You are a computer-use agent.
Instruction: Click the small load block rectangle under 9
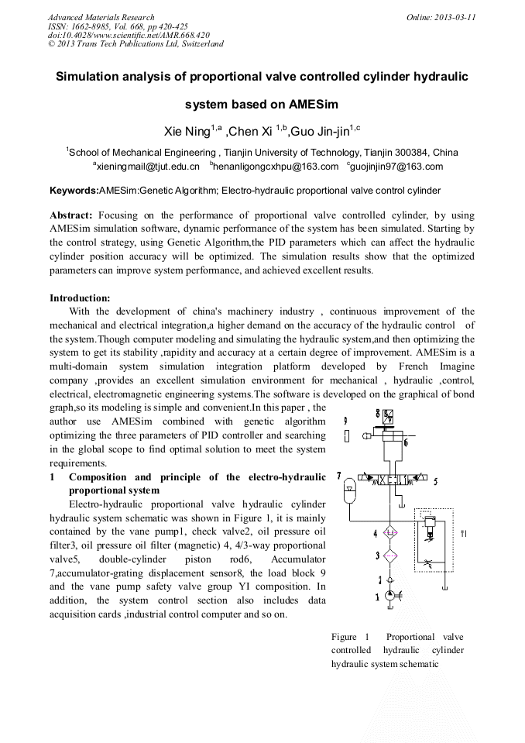(x=346, y=436)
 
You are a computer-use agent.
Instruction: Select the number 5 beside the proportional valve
(x=435, y=481)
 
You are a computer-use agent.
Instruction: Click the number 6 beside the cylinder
(x=405, y=443)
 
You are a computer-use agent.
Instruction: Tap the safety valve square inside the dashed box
(x=429, y=526)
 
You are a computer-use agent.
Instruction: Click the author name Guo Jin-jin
(x=321, y=131)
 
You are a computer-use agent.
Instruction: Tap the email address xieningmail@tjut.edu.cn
(x=147, y=167)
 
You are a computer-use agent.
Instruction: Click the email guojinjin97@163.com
(x=395, y=167)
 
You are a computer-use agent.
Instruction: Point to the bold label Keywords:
(x=74, y=190)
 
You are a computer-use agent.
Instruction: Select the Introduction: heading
(x=80, y=298)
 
